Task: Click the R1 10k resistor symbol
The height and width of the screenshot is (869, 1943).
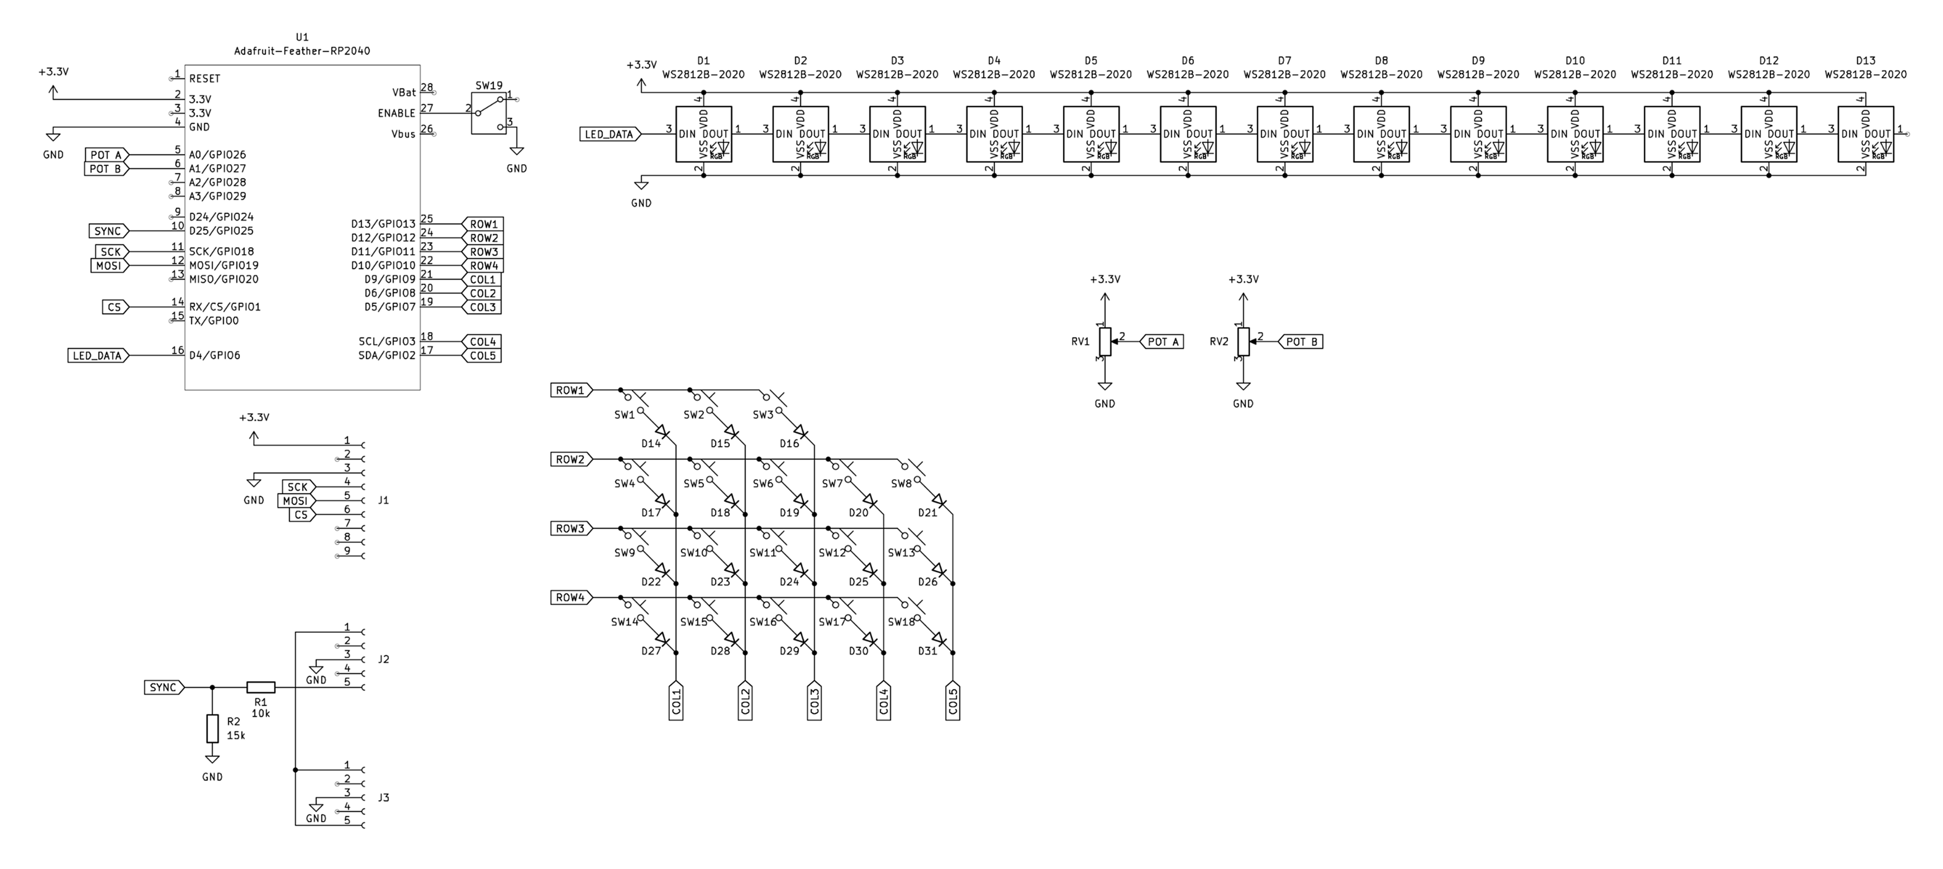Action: click(x=261, y=687)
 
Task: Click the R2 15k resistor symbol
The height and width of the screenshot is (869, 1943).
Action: click(x=213, y=729)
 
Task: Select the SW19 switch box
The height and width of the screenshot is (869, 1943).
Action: click(x=489, y=113)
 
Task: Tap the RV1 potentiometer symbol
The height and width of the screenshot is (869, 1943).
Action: click(x=1105, y=342)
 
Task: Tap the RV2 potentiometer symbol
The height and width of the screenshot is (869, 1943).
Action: click(x=1244, y=342)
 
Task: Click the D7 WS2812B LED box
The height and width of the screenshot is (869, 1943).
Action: click(x=1284, y=133)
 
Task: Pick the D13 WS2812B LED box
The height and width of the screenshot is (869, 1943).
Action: click(x=1865, y=133)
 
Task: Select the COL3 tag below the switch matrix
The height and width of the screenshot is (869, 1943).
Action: click(x=815, y=701)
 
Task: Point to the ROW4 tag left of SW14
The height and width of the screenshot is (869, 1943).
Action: click(x=571, y=598)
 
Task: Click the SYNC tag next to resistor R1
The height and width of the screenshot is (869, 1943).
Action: click(x=164, y=687)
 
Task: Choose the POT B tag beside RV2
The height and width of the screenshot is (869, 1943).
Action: click(x=1301, y=342)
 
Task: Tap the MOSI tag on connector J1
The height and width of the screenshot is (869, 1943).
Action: click(x=296, y=501)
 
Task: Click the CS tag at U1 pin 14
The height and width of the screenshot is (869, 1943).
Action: click(x=115, y=307)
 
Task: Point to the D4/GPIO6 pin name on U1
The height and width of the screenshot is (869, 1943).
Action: click(x=215, y=355)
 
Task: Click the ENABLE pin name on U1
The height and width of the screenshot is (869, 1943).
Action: click(x=397, y=113)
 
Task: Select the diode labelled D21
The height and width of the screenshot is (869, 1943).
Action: click(x=939, y=501)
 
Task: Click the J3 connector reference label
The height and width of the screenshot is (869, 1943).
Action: click(x=384, y=798)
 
